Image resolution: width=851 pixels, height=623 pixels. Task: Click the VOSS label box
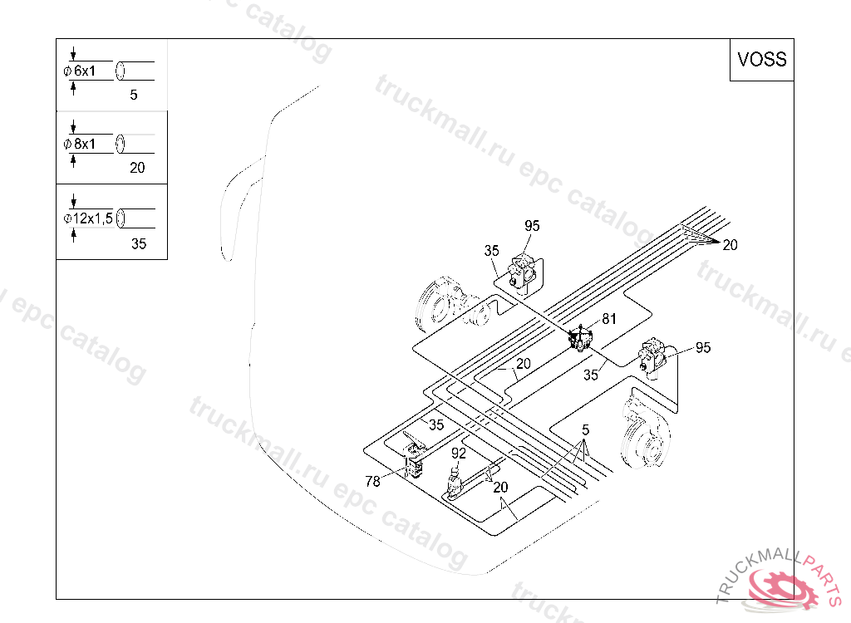[x=761, y=60]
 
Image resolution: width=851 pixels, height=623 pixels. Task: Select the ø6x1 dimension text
[x=79, y=71]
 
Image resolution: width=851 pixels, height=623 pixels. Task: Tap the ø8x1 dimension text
[x=79, y=145]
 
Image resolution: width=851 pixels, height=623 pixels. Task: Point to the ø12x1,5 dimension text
[x=88, y=218]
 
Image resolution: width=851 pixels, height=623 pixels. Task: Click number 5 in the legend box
[x=134, y=95]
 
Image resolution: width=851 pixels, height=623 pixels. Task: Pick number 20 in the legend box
[x=137, y=168]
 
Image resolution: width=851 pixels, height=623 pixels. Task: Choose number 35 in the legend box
[x=139, y=243]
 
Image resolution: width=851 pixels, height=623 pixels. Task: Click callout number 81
[x=609, y=319]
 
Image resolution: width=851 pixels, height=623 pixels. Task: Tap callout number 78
[x=373, y=481]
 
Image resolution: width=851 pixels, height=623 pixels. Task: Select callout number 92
[x=459, y=453]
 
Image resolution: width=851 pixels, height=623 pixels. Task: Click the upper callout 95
[x=532, y=226]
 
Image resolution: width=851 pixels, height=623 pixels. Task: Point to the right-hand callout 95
[x=703, y=347]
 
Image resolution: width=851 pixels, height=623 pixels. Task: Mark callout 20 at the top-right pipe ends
[x=730, y=245]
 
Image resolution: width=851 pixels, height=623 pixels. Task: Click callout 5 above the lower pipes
[x=585, y=430]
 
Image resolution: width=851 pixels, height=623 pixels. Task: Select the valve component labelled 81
[x=579, y=339]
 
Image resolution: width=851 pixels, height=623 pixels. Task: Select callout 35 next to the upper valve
[x=491, y=251]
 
